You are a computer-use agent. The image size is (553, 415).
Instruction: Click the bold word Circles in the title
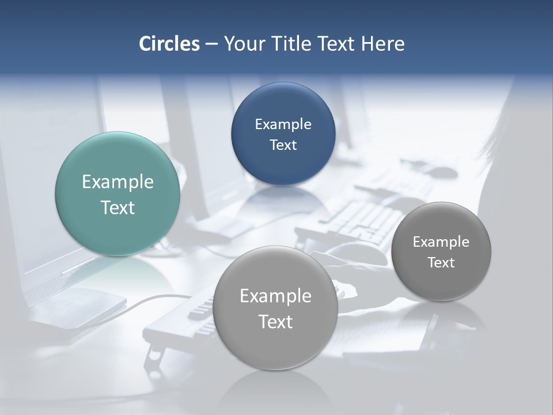coord(169,44)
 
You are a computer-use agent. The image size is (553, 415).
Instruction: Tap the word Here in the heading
coord(382,44)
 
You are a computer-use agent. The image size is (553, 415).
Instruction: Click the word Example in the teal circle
coord(118,182)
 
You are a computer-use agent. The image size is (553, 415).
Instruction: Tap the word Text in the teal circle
coord(118,207)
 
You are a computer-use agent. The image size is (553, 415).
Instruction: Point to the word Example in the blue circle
coord(283,124)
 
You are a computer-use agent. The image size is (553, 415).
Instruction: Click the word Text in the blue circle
coord(283,145)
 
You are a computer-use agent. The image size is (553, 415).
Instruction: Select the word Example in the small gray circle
coord(441,242)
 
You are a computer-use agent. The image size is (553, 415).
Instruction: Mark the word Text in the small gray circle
coord(441,263)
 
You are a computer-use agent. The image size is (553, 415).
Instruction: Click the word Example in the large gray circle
coord(275,296)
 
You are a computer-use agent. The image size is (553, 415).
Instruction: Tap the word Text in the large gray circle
coord(275,322)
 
